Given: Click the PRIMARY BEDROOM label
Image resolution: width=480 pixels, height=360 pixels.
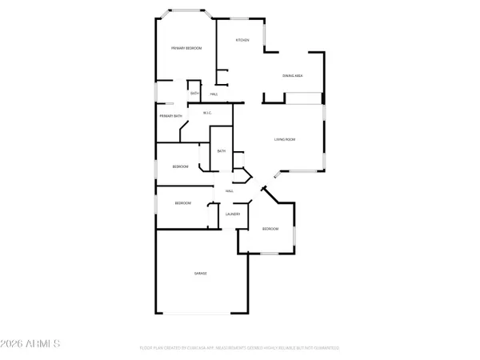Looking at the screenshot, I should point(186,49).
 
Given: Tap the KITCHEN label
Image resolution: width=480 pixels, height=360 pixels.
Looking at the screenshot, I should point(242,40).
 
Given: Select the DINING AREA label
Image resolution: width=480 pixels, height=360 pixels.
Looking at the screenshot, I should point(292,76).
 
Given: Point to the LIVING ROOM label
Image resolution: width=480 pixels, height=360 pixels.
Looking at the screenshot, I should point(286,140).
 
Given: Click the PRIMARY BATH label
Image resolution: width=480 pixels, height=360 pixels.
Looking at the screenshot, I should point(170,117).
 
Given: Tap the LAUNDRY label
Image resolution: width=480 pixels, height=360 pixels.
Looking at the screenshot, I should point(234,214).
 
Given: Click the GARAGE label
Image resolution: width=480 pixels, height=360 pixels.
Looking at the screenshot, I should point(200,274).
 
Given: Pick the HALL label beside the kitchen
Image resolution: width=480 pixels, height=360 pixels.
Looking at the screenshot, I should point(214,94).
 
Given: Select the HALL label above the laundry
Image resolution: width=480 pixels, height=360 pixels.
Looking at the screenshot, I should point(230,191).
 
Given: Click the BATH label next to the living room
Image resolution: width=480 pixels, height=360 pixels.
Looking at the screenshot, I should point(222,151).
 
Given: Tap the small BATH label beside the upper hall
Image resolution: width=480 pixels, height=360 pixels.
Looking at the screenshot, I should point(194,94).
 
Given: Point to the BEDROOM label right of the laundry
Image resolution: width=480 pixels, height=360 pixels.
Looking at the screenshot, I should point(270,230).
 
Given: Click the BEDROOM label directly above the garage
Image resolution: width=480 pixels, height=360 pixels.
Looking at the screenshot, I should point(183,203).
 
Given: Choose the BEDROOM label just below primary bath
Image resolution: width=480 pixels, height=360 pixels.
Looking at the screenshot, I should point(181,166).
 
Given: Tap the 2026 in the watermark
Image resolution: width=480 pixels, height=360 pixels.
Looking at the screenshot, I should point(18,345).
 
